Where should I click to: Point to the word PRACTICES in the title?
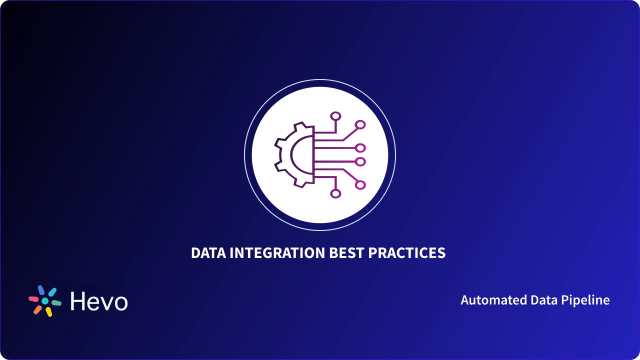[407, 253]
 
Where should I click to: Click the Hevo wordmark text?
[99, 301]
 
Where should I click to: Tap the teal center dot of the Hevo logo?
[45, 301]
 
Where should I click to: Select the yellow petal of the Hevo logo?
[49, 312]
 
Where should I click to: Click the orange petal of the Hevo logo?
[37, 309]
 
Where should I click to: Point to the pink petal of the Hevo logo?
[33, 299]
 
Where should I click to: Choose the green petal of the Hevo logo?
[56, 302]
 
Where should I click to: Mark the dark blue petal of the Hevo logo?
[41, 290]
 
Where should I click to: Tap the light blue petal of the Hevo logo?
[52, 292]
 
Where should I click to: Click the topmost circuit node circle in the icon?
[335, 116]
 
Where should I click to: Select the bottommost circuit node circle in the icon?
[335, 193]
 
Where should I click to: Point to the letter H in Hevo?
[78, 301]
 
